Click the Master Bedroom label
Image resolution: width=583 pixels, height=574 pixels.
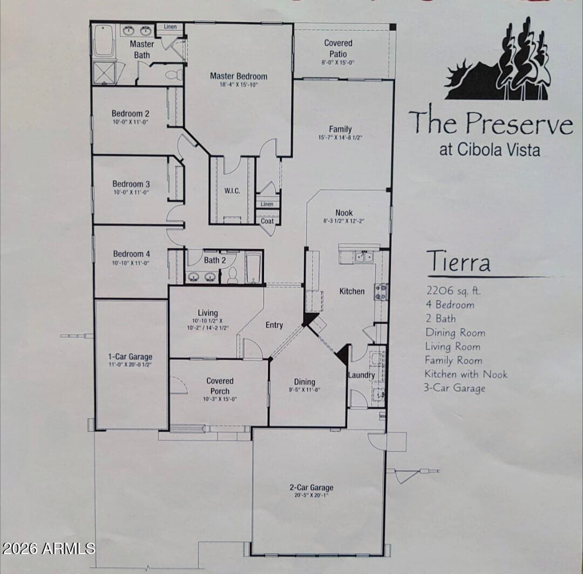point(239,76)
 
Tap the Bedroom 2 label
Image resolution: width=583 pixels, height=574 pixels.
point(131,113)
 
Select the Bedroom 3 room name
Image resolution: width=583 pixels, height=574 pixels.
point(131,184)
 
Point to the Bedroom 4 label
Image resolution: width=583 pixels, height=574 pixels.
point(131,254)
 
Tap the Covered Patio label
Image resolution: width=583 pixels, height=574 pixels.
point(338,48)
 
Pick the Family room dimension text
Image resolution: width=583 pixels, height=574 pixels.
point(341,138)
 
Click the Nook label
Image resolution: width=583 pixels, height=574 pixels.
point(344,213)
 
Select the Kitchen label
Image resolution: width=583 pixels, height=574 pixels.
point(352,291)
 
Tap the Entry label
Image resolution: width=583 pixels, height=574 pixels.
point(274,325)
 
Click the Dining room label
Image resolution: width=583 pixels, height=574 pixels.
point(304,382)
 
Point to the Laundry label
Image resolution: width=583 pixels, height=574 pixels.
point(361,375)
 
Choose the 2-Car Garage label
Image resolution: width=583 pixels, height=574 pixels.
point(311,488)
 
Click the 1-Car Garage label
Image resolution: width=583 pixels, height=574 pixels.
point(131,357)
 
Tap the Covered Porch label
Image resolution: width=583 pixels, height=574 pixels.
point(220,386)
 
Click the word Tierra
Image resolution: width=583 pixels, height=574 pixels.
point(458,262)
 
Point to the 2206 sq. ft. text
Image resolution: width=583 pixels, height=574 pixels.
point(453,291)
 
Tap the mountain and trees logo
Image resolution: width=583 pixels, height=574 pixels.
point(498,65)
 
